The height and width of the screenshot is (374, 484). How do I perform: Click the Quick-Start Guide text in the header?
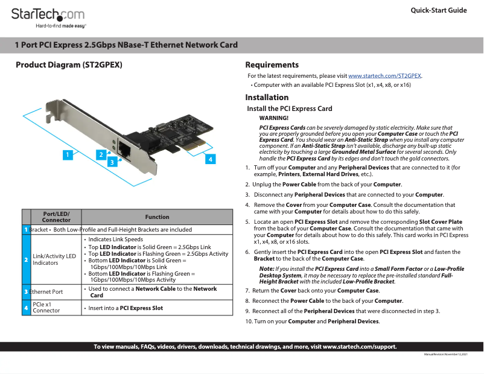click(x=439, y=10)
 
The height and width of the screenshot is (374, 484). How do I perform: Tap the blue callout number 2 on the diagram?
click(x=101, y=154)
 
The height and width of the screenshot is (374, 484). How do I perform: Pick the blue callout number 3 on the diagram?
click(x=112, y=162)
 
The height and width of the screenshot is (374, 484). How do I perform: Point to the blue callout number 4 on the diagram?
click(x=209, y=159)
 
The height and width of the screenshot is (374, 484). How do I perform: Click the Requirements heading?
click(x=272, y=65)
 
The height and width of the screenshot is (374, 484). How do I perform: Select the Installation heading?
click(x=267, y=98)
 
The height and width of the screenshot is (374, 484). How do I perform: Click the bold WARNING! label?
click(x=273, y=118)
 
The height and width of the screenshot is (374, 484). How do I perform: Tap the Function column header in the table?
click(x=157, y=217)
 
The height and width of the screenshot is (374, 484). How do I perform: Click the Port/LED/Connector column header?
click(x=56, y=217)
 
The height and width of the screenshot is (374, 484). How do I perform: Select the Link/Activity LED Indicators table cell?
click(x=54, y=259)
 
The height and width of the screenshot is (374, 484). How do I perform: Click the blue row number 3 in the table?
click(x=26, y=292)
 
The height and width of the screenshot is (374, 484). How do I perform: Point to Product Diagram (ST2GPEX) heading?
click(x=69, y=65)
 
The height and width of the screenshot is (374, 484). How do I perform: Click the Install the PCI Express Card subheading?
click(x=290, y=109)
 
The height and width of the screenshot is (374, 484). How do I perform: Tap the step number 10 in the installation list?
click(x=249, y=322)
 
